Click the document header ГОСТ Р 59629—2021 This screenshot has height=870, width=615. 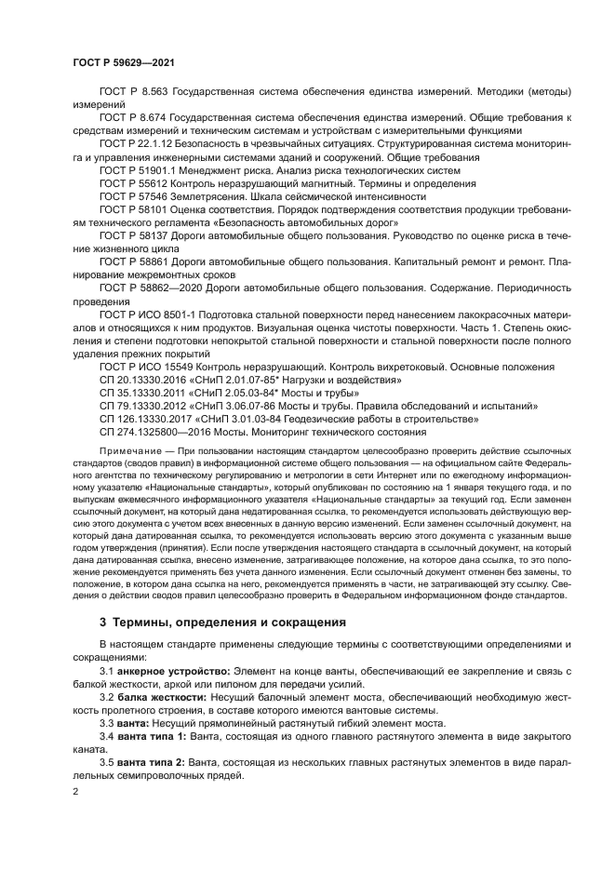coord(124,63)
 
